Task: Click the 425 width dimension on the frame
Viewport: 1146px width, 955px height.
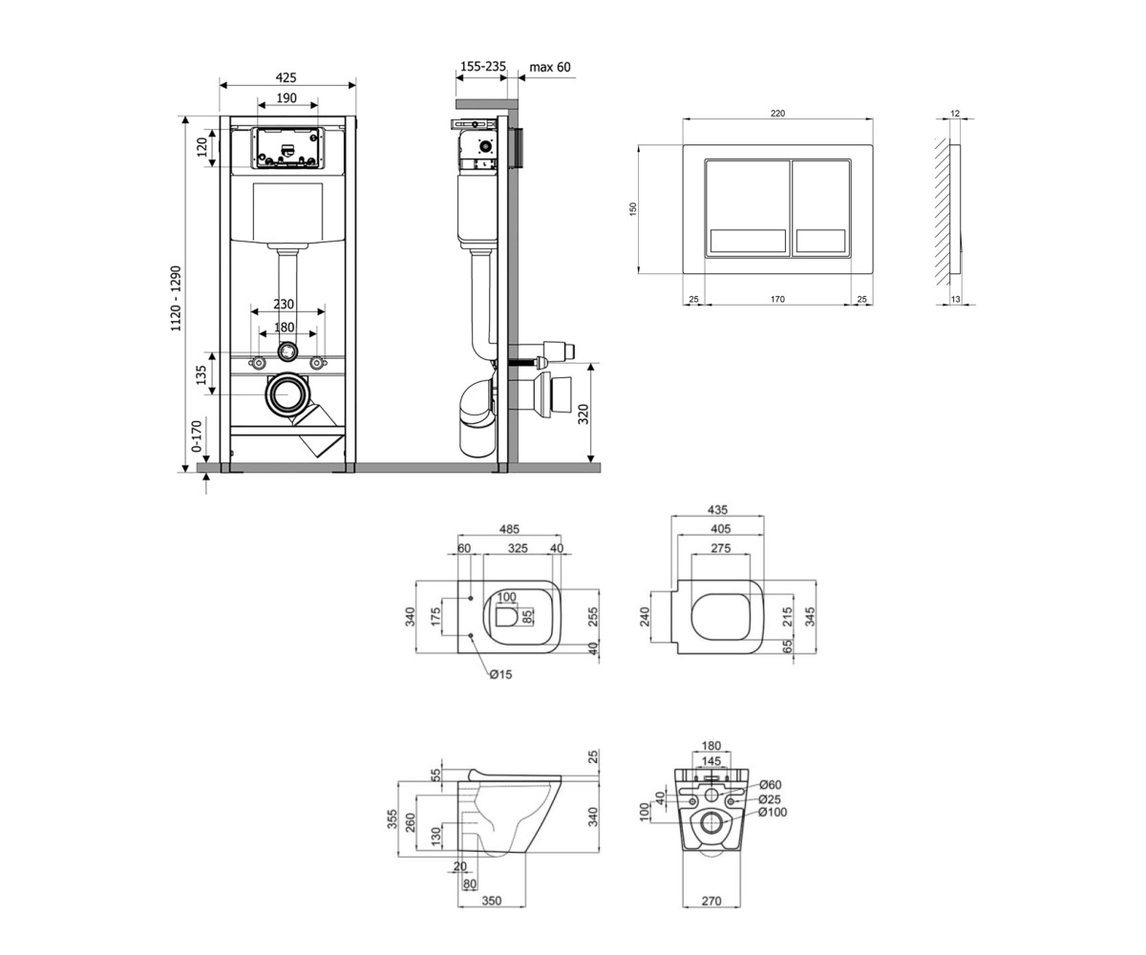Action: [x=286, y=77]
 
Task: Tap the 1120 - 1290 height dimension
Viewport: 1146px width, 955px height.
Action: [x=176, y=299]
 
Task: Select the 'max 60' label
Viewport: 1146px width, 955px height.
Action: [x=550, y=67]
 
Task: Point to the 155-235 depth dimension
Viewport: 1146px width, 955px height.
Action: [x=483, y=67]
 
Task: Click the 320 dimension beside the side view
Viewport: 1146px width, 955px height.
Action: [x=583, y=414]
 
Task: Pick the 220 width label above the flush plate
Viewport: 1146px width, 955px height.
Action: [x=777, y=113]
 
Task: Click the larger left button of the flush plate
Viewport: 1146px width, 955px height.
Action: [x=748, y=208]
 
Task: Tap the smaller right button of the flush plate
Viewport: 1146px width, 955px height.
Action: [x=821, y=208]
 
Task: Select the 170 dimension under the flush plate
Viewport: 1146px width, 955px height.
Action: [x=777, y=299]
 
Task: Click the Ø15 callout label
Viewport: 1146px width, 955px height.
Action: [x=501, y=674]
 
